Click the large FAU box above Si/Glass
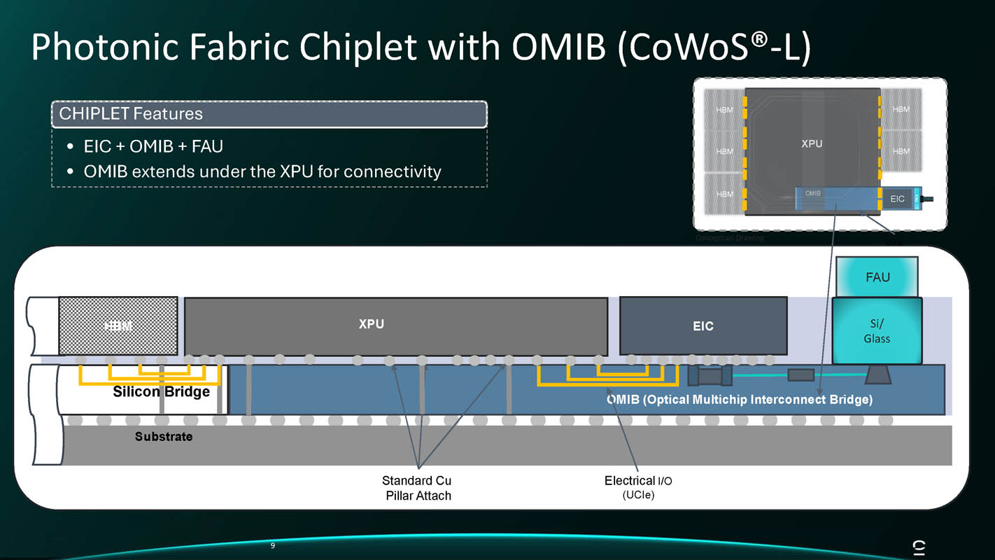click(x=877, y=277)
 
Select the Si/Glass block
click(x=877, y=331)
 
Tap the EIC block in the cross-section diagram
click(x=703, y=326)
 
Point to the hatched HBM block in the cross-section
click(x=118, y=326)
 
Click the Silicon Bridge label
click(x=161, y=392)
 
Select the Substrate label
click(x=164, y=437)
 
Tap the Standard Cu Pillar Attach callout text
click(x=417, y=488)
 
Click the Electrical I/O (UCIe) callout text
click(x=638, y=488)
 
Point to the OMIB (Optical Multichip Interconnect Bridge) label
click(x=739, y=400)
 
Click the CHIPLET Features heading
click(x=131, y=114)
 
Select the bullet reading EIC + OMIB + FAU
click(x=153, y=146)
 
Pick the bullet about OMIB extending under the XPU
click(x=262, y=171)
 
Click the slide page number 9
click(x=273, y=545)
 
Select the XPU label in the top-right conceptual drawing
click(x=812, y=143)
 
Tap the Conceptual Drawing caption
click(x=730, y=238)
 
